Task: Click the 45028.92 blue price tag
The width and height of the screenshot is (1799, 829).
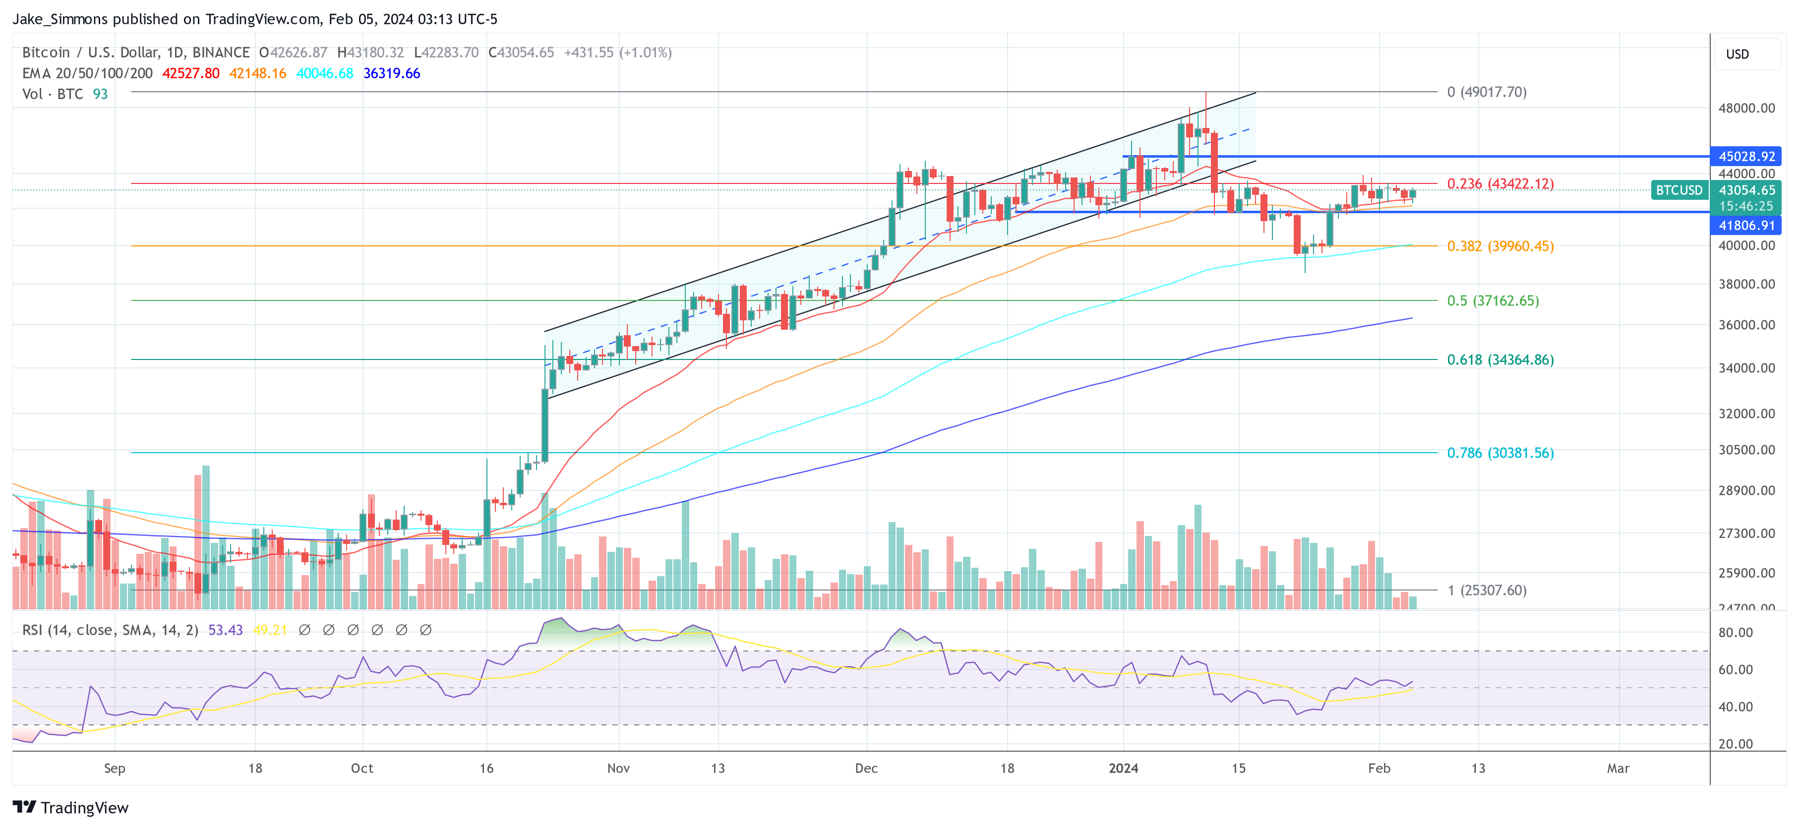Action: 1746,157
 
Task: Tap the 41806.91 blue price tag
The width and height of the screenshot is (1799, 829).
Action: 1746,225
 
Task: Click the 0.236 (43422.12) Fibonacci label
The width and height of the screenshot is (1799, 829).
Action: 1499,183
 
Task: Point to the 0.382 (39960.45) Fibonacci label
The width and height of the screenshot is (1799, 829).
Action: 1499,246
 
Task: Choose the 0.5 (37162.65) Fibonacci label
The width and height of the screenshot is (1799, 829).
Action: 1493,300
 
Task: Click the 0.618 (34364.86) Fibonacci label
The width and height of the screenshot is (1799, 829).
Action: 1499,359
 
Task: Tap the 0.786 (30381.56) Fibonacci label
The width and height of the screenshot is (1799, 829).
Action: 1499,453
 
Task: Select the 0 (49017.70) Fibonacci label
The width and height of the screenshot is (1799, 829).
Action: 1486,92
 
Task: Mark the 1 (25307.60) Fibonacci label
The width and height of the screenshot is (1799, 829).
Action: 1486,590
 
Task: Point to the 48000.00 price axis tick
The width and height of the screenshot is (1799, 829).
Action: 1746,108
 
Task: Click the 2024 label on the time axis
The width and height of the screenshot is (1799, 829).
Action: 1123,768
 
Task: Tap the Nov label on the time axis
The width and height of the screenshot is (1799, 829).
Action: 618,768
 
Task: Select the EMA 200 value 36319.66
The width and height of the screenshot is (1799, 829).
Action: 391,73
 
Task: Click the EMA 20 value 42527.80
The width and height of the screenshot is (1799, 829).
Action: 190,73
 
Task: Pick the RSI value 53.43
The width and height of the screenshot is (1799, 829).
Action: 225,630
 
